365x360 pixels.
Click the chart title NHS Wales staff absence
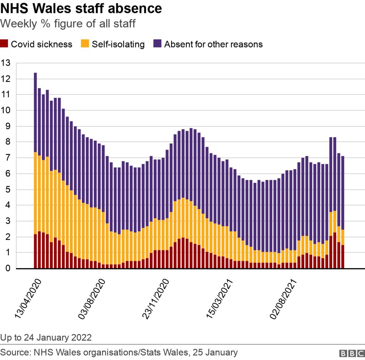(x=81, y=9)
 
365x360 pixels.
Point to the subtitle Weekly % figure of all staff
(x=68, y=24)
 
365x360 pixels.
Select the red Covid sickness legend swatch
(x=5, y=44)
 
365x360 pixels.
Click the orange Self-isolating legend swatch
(x=86, y=44)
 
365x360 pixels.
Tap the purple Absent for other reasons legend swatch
(x=158, y=44)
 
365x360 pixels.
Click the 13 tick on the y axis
(x=6, y=63)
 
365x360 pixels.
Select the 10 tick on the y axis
(x=6, y=111)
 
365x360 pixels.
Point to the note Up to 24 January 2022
(x=46, y=337)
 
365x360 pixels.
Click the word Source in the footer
(x=14, y=353)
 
